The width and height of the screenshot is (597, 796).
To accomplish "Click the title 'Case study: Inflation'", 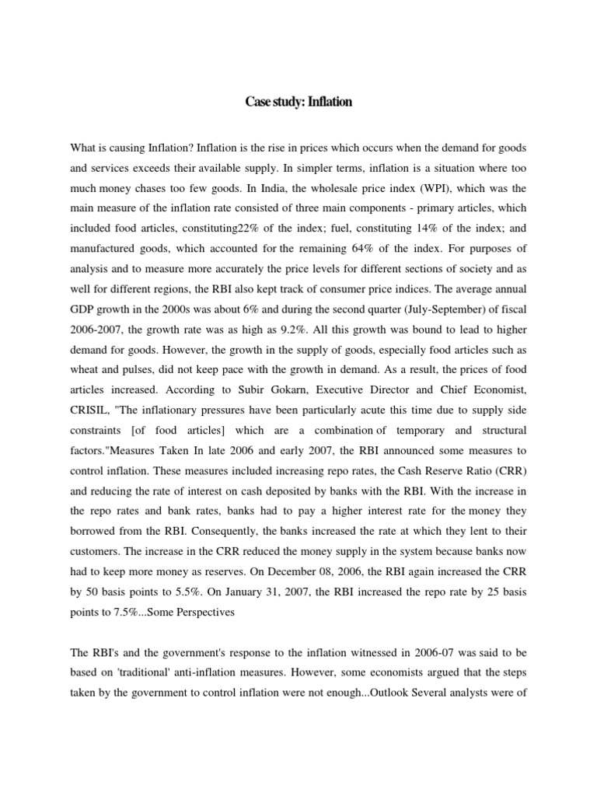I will click(x=298, y=103).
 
